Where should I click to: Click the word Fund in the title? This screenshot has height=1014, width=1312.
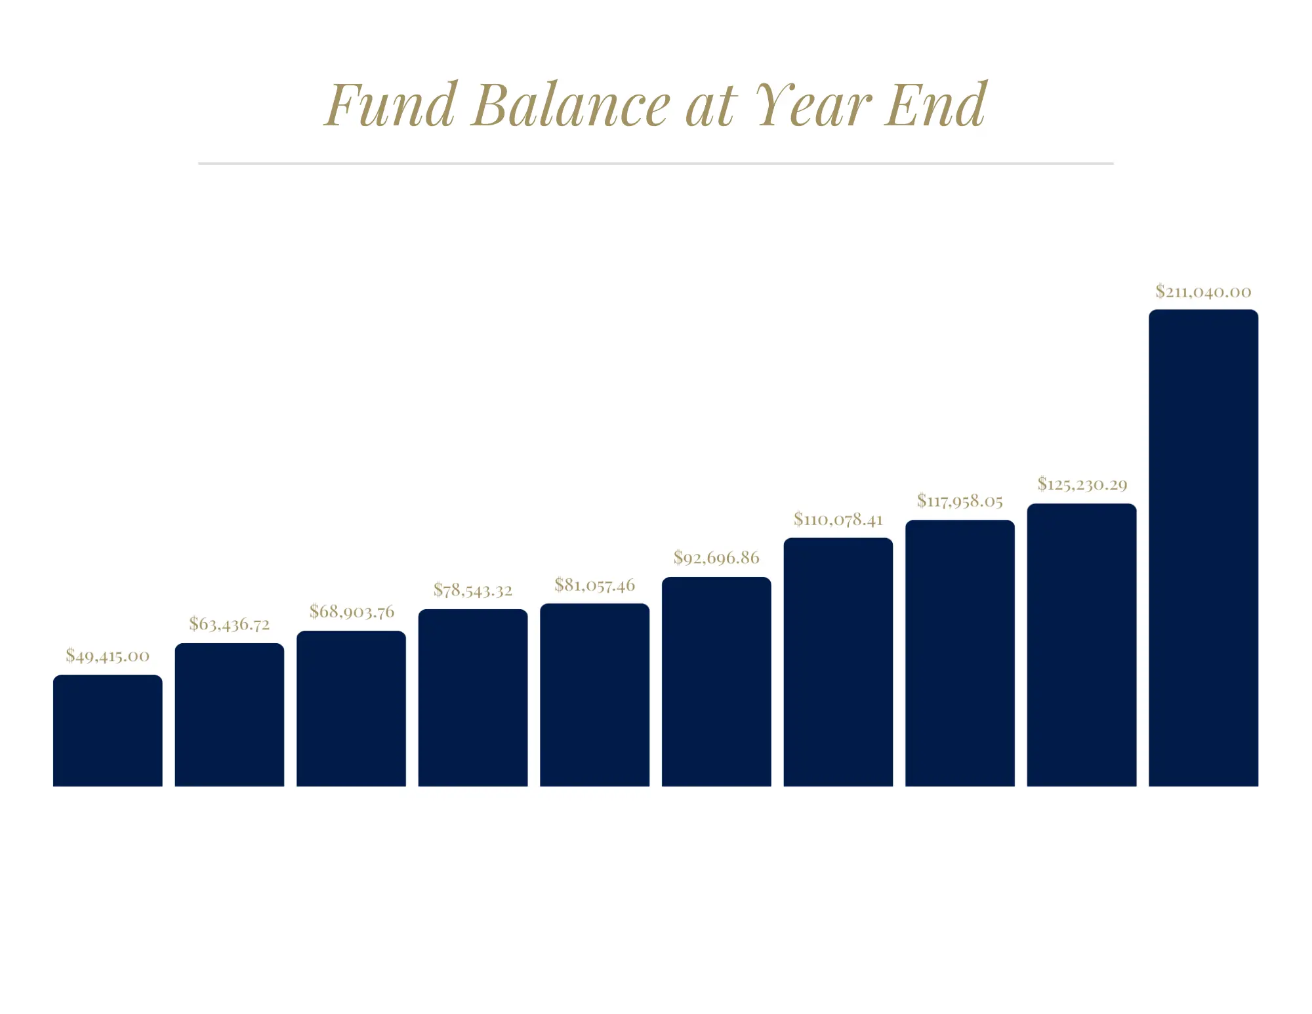pos(391,105)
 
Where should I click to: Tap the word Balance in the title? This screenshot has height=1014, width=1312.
pos(571,105)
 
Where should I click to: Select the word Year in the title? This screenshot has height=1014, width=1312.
pos(813,105)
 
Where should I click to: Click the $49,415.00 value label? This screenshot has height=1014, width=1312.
pos(108,656)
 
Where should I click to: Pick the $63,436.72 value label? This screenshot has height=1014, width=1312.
pos(230,623)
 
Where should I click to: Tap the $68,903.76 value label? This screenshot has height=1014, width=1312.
pos(352,612)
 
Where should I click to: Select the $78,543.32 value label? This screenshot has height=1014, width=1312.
pos(473,590)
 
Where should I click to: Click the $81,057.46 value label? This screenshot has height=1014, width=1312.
pos(595,585)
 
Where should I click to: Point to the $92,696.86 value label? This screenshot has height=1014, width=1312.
pos(716,558)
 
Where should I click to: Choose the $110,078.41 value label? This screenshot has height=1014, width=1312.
pos(838,519)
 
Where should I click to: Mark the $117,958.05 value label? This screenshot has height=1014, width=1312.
pos(960,501)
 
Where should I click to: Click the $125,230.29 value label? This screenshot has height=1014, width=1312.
pos(1082,484)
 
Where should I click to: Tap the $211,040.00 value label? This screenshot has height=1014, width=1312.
pos(1203,291)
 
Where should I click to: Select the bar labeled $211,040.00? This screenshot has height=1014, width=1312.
pos(1204,548)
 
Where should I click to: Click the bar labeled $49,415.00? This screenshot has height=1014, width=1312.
pos(108,730)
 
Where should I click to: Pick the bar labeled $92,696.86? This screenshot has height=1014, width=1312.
pos(716,681)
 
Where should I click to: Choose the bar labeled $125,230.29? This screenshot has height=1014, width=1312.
pos(1082,644)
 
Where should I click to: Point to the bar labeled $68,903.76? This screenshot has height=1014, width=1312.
pos(351,708)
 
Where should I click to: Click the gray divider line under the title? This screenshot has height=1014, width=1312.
pos(656,163)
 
